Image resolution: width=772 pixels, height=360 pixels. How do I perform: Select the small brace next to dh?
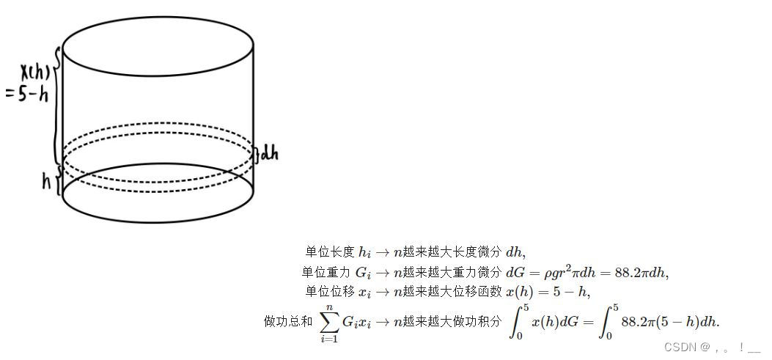(256, 153)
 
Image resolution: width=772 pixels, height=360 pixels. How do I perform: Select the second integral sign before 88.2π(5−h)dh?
(608, 322)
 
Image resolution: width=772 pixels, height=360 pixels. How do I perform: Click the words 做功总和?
(288, 321)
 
